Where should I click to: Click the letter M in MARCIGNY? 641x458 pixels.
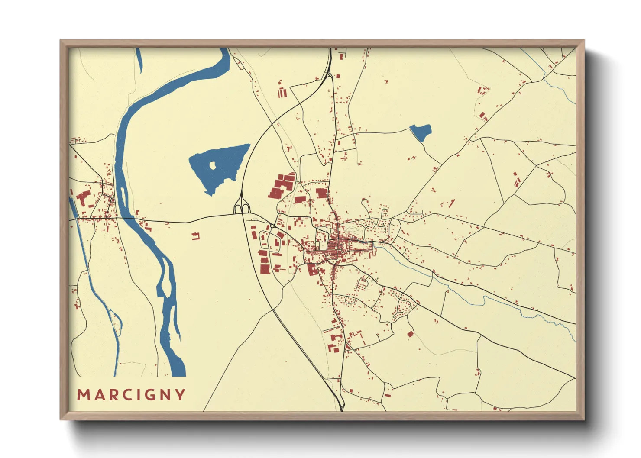point(83,395)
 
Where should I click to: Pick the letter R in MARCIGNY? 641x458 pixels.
point(111,395)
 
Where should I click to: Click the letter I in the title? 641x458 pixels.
point(137,395)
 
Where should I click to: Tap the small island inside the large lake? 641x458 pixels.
point(213,165)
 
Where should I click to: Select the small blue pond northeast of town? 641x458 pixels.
point(421,132)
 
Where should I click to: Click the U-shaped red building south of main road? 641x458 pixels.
point(196,236)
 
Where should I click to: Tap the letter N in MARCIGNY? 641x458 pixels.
point(165,395)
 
